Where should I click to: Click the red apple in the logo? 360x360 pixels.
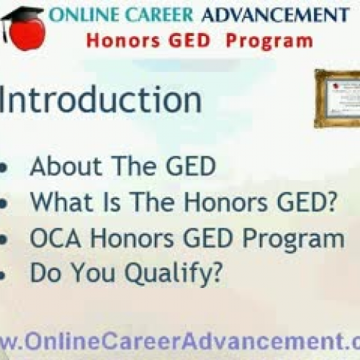[27, 35]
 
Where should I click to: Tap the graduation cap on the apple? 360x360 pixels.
[22, 14]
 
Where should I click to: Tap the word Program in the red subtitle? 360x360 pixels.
[269, 40]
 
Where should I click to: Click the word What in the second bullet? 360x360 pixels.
[54, 203]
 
